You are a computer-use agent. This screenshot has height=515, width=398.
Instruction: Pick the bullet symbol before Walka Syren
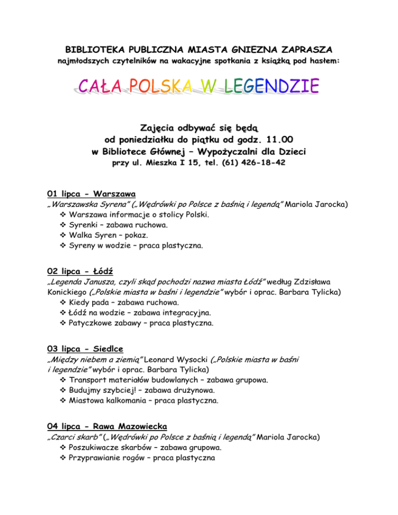(63, 235)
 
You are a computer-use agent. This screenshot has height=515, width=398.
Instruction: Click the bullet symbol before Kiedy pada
(63, 302)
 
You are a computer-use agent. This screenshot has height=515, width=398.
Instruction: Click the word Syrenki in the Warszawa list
(83, 225)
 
